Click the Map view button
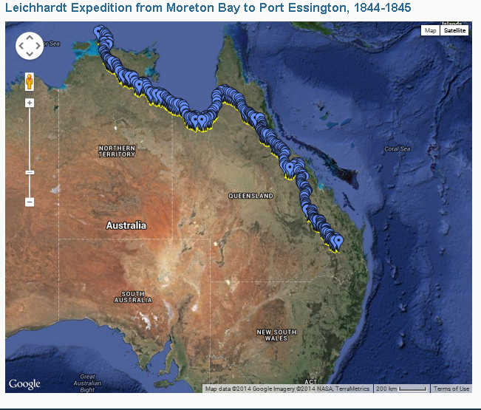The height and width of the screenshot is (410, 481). tap(430, 30)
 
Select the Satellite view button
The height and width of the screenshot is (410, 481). tap(454, 30)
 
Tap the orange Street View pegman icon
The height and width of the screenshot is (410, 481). tap(30, 81)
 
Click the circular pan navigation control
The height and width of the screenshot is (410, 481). tap(30, 46)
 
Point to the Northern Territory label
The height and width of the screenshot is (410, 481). tap(117, 151)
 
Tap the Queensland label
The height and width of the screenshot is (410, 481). tap(250, 196)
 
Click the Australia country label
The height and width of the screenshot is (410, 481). tap(126, 225)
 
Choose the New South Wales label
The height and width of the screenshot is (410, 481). tap(276, 335)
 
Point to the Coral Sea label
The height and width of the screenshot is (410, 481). tap(397, 148)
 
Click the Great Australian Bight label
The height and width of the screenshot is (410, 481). tap(87, 381)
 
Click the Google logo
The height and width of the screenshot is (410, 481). tap(24, 383)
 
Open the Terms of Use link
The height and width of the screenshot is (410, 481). tap(451, 389)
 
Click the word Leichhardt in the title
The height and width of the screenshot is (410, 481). tap(38, 7)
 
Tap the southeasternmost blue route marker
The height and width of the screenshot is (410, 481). tap(338, 241)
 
